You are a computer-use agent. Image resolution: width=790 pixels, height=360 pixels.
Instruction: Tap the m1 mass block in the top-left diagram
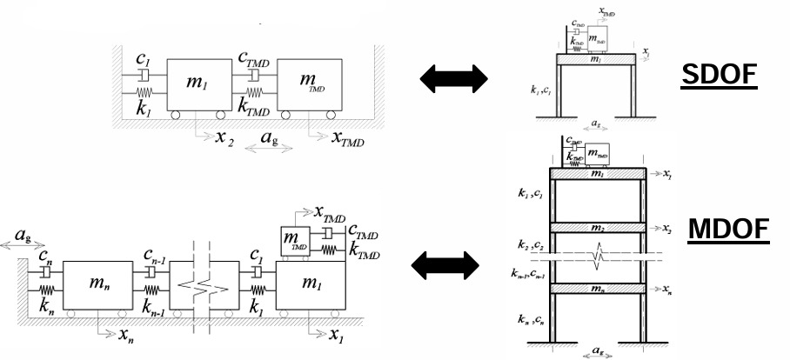click(x=199, y=83)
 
